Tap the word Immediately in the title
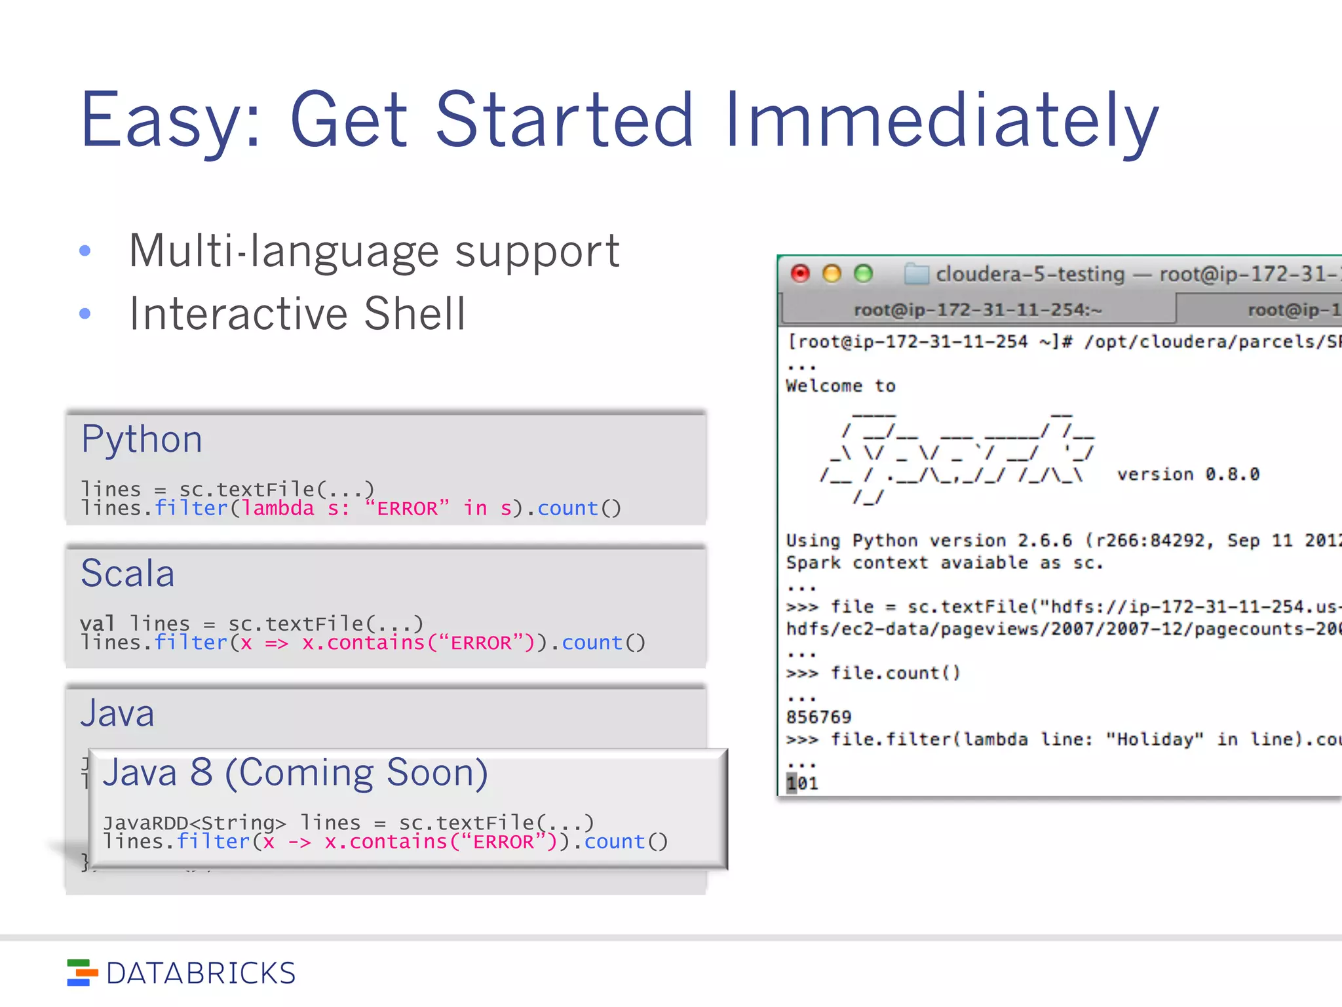(942, 121)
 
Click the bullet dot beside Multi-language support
(85, 250)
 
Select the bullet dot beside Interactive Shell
(85, 313)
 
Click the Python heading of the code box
(142, 439)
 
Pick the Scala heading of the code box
(128, 574)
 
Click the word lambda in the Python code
(278, 508)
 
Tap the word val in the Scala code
(97, 623)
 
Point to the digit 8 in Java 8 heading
(201, 772)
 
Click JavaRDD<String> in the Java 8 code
(195, 823)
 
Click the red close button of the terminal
(800, 273)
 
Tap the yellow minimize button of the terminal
(832, 273)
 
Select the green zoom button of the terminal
(864, 273)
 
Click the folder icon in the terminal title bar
(916, 273)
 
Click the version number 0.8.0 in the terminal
(1232, 474)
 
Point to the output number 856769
(818, 717)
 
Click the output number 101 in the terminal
(803, 783)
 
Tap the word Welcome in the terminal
(824, 386)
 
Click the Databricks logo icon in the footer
(82, 973)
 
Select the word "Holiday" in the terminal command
(1155, 740)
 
